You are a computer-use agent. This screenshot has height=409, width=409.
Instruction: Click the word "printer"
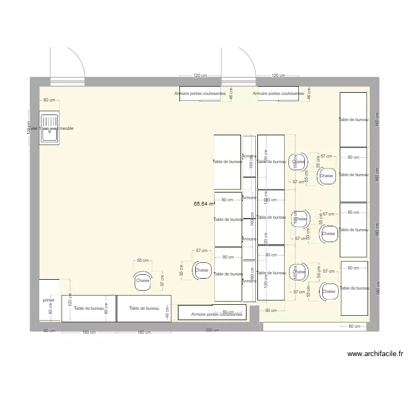click(49, 300)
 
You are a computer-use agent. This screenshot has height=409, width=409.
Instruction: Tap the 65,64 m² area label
click(204, 203)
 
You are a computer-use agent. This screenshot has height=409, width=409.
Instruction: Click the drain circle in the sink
click(53, 131)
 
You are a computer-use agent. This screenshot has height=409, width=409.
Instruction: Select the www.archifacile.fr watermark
click(376, 354)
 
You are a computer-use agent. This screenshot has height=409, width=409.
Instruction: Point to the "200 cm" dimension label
click(213, 330)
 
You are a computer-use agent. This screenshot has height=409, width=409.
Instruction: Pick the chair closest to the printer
click(143, 280)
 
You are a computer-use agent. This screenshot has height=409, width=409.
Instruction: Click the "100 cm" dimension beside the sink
click(29, 128)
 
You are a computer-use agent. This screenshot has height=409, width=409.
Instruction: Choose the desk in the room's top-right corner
click(353, 119)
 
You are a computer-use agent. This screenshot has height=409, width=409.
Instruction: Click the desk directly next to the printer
click(88, 309)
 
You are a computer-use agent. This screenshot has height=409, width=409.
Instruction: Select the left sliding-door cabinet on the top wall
click(200, 94)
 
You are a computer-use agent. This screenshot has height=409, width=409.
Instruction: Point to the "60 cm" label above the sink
click(50, 100)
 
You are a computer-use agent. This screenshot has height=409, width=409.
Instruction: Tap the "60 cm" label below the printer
click(49, 330)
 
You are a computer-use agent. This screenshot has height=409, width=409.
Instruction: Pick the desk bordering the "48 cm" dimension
click(144, 309)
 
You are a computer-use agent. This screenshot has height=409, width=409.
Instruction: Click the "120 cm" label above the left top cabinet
click(200, 76)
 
